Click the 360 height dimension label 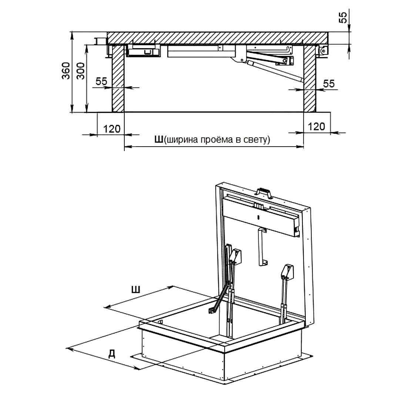pyautogui.click(x=66, y=70)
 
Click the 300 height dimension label pyautogui.click(x=81, y=71)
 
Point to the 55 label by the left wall pyautogui.click(x=101, y=81)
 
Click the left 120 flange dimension pyautogui.click(x=112, y=129)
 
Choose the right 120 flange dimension pyautogui.click(x=316, y=127)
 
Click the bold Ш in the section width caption pyautogui.click(x=159, y=140)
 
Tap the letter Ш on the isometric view pyautogui.click(x=136, y=290)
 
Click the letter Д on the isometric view pyautogui.click(x=111, y=354)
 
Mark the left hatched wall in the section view pyautogui.click(x=118, y=79)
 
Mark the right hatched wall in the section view pyautogui.click(x=310, y=79)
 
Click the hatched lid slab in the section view pyautogui.click(x=218, y=38)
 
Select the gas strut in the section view pyautogui.click(x=276, y=71)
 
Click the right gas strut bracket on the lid pyautogui.click(x=288, y=272)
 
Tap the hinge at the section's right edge pyautogui.click(x=323, y=51)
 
